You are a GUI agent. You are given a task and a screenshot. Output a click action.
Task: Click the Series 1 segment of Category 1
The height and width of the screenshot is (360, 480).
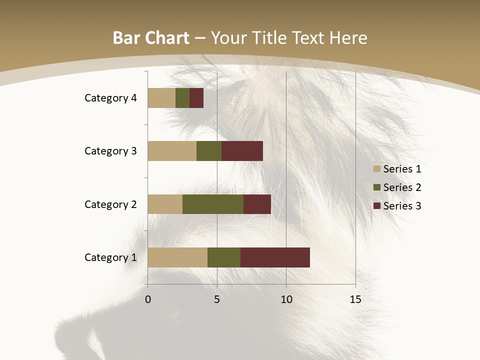[x=177, y=257]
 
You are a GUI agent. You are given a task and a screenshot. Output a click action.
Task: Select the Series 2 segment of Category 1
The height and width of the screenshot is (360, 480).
[x=224, y=257]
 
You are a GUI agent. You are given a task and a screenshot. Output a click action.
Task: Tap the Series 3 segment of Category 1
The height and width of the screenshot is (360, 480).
[x=275, y=257]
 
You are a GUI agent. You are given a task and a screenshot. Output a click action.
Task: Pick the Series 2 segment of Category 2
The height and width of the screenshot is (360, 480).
[x=213, y=204]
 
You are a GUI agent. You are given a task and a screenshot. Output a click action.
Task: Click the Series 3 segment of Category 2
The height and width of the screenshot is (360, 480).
[x=257, y=204]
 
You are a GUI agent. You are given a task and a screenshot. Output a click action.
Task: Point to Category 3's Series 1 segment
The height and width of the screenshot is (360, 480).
[x=172, y=151]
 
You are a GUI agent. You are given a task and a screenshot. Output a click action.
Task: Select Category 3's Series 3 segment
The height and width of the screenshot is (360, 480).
[x=242, y=151]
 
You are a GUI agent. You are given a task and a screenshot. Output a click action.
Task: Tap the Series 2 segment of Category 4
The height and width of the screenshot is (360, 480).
[x=182, y=98]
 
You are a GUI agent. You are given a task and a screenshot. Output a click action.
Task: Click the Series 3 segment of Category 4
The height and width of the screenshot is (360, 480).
[x=196, y=98]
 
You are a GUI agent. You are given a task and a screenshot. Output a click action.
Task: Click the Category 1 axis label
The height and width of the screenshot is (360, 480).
[x=110, y=257]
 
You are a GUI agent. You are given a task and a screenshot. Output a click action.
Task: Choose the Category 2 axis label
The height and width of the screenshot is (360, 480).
[x=110, y=204]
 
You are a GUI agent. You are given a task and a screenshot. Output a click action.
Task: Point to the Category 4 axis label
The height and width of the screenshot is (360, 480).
[x=110, y=98]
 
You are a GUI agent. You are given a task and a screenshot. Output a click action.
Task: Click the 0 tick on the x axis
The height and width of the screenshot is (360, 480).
[x=148, y=299]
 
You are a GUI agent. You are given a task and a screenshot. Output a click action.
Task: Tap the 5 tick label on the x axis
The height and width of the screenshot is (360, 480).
[x=217, y=299]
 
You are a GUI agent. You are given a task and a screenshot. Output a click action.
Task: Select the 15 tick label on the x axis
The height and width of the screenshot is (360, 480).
[x=355, y=299]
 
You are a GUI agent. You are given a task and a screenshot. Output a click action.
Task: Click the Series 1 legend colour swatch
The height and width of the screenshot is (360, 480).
[x=377, y=169]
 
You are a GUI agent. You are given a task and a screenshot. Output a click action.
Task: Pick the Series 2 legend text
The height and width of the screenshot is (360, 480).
[x=402, y=187]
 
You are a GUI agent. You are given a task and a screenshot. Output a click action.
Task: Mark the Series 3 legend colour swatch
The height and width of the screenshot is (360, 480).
[x=377, y=206]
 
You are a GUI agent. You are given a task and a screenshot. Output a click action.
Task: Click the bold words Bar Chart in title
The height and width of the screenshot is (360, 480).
[x=151, y=38]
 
